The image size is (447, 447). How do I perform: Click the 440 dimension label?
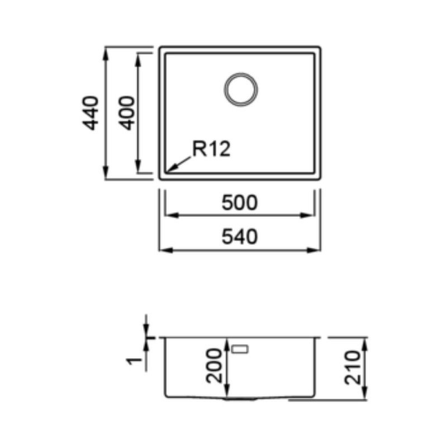point(91,113)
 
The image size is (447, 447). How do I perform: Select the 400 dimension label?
point(127,113)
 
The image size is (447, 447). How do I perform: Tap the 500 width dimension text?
point(240,203)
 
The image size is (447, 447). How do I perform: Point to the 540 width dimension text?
point(240,237)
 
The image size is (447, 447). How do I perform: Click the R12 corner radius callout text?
point(211,149)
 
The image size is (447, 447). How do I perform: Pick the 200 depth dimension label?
point(214,366)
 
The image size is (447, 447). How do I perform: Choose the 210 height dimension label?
point(353,368)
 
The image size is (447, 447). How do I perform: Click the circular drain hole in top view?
point(241,89)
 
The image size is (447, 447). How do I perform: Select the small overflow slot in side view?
point(240,349)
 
